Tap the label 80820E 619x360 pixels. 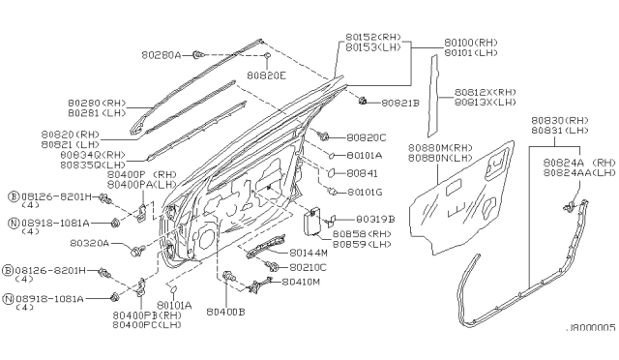tap(267, 74)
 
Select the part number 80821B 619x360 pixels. tap(400, 102)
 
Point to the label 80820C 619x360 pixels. tap(367, 137)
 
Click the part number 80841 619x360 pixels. tap(362, 173)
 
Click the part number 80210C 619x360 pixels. tap(307, 266)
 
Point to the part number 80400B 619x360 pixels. tap(227, 313)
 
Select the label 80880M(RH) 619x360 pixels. tap(441, 147)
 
